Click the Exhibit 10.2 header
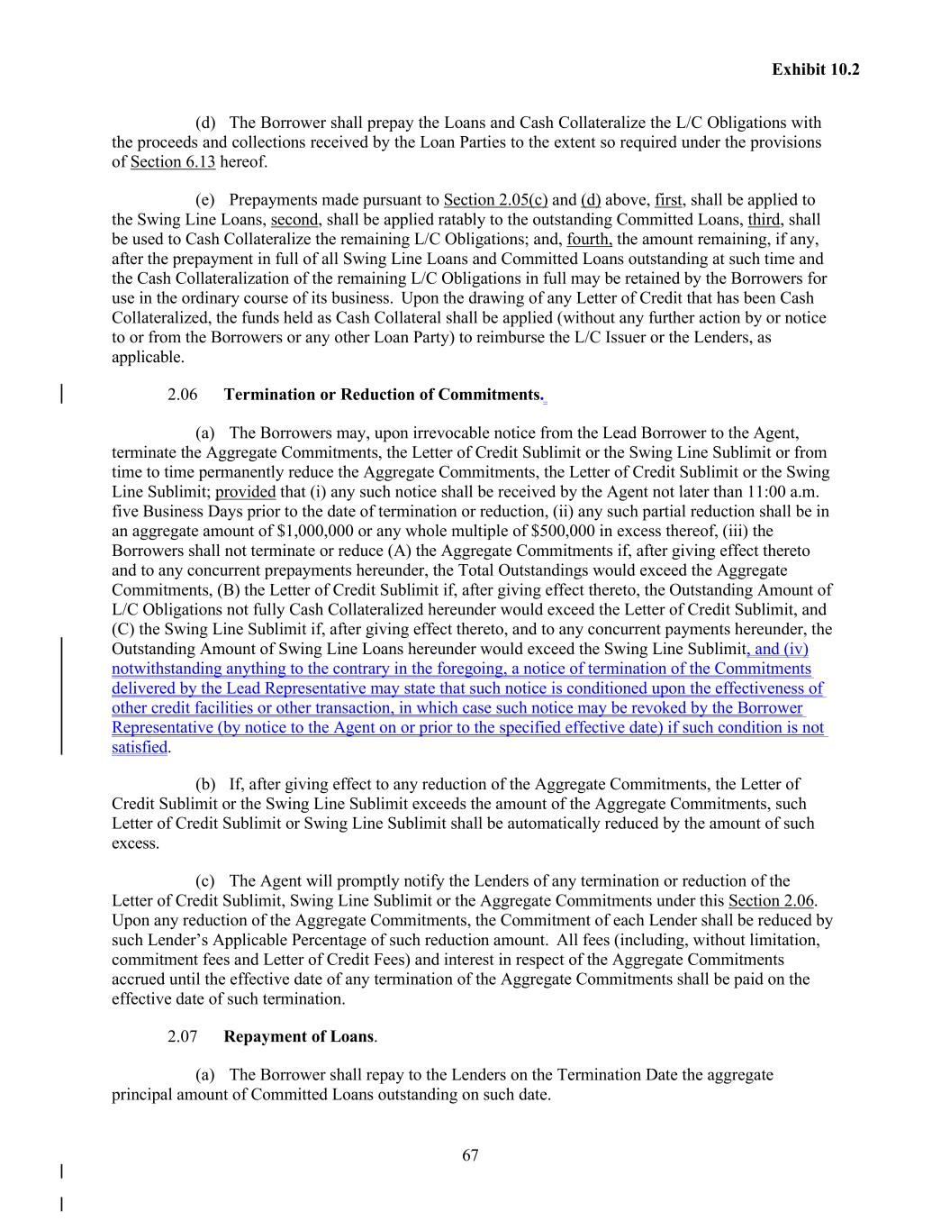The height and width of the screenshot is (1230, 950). [815, 69]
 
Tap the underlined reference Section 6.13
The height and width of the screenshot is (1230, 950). [173, 162]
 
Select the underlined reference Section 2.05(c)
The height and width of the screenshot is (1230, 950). [495, 200]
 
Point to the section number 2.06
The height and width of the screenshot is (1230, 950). [182, 395]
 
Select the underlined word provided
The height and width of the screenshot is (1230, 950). [245, 492]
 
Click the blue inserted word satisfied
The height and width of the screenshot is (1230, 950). [140, 747]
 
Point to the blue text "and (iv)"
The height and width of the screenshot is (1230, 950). [781, 649]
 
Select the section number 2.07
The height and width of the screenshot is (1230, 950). [182, 1036]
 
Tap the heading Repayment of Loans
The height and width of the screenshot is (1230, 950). [298, 1036]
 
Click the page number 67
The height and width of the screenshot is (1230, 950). [470, 1156]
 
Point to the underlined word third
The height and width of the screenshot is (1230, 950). [764, 220]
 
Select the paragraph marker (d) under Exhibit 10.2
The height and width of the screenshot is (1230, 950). [205, 123]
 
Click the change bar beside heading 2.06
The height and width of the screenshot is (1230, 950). [62, 395]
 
